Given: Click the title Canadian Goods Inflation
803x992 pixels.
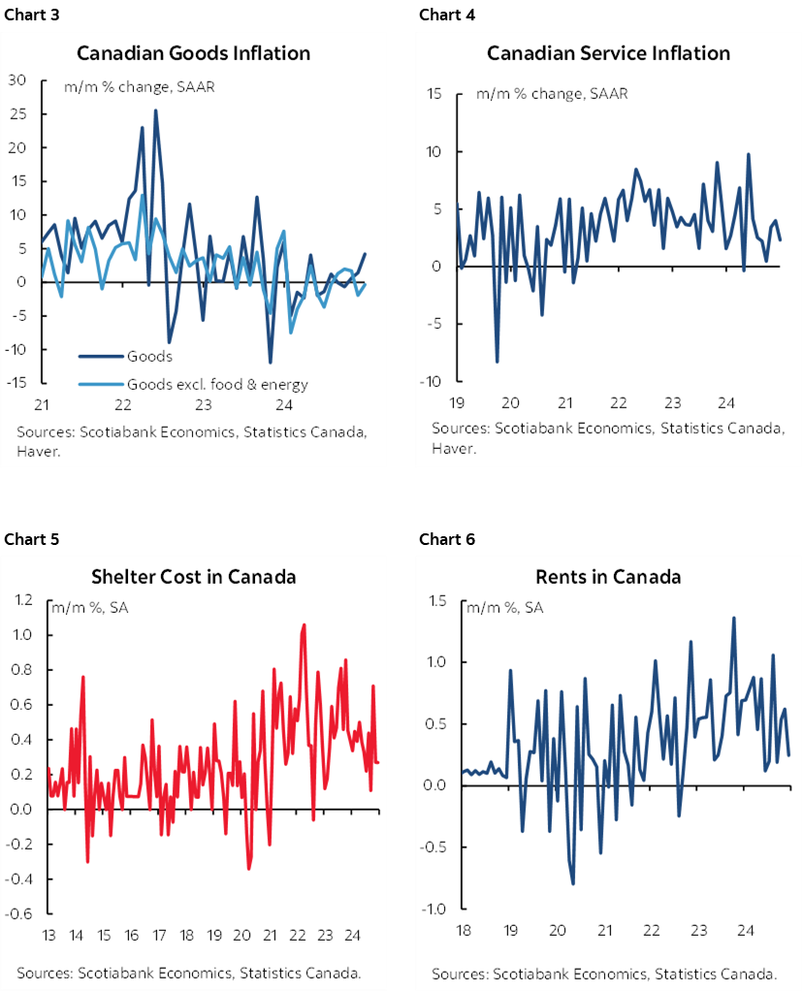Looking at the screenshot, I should [x=194, y=52].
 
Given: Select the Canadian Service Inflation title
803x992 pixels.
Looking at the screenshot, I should [x=608, y=52].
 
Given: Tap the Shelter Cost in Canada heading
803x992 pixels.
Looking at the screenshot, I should [x=193, y=577].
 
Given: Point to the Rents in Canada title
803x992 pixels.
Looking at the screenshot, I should [x=608, y=577].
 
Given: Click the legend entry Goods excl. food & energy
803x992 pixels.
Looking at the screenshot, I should [x=217, y=384].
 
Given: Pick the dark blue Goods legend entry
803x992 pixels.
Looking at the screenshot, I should [x=149, y=357].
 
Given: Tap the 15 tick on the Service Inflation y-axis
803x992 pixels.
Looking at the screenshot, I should [x=434, y=94].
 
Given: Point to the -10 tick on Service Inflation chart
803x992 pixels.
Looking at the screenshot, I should [x=431, y=381].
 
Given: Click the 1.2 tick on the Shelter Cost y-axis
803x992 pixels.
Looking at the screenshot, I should [x=24, y=600].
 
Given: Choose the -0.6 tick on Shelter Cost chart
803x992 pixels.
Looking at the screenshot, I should [x=21, y=914].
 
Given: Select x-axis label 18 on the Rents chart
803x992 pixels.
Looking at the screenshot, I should [x=463, y=931].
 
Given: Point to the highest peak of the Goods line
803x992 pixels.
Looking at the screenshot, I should [x=155, y=111].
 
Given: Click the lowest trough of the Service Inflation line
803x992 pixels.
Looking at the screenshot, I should [x=497, y=362].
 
